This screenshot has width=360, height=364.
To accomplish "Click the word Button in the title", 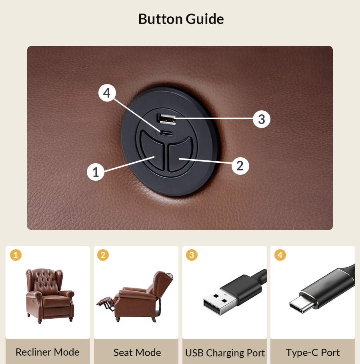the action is (160, 19).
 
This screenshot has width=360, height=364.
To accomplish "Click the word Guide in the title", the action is (205, 19).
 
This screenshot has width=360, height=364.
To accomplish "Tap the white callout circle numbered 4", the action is (107, 93).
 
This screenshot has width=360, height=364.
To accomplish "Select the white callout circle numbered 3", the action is (262, 119).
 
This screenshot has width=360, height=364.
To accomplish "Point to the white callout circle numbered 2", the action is (240, 166).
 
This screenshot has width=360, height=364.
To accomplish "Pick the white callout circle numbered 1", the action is (96, 172).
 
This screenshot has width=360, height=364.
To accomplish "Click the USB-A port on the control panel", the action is (166, 119).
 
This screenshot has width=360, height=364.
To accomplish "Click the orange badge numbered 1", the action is (16, 255).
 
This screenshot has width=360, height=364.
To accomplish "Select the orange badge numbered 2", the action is (103, 255).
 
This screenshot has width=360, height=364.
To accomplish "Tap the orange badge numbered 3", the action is (192, 255).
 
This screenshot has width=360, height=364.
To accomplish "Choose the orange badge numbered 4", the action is (280, 255).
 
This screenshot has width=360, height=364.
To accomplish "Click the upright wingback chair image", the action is (50, 296).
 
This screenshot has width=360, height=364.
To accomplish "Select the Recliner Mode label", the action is (48, 352).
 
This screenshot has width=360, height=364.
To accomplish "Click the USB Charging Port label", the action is (225, 353).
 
